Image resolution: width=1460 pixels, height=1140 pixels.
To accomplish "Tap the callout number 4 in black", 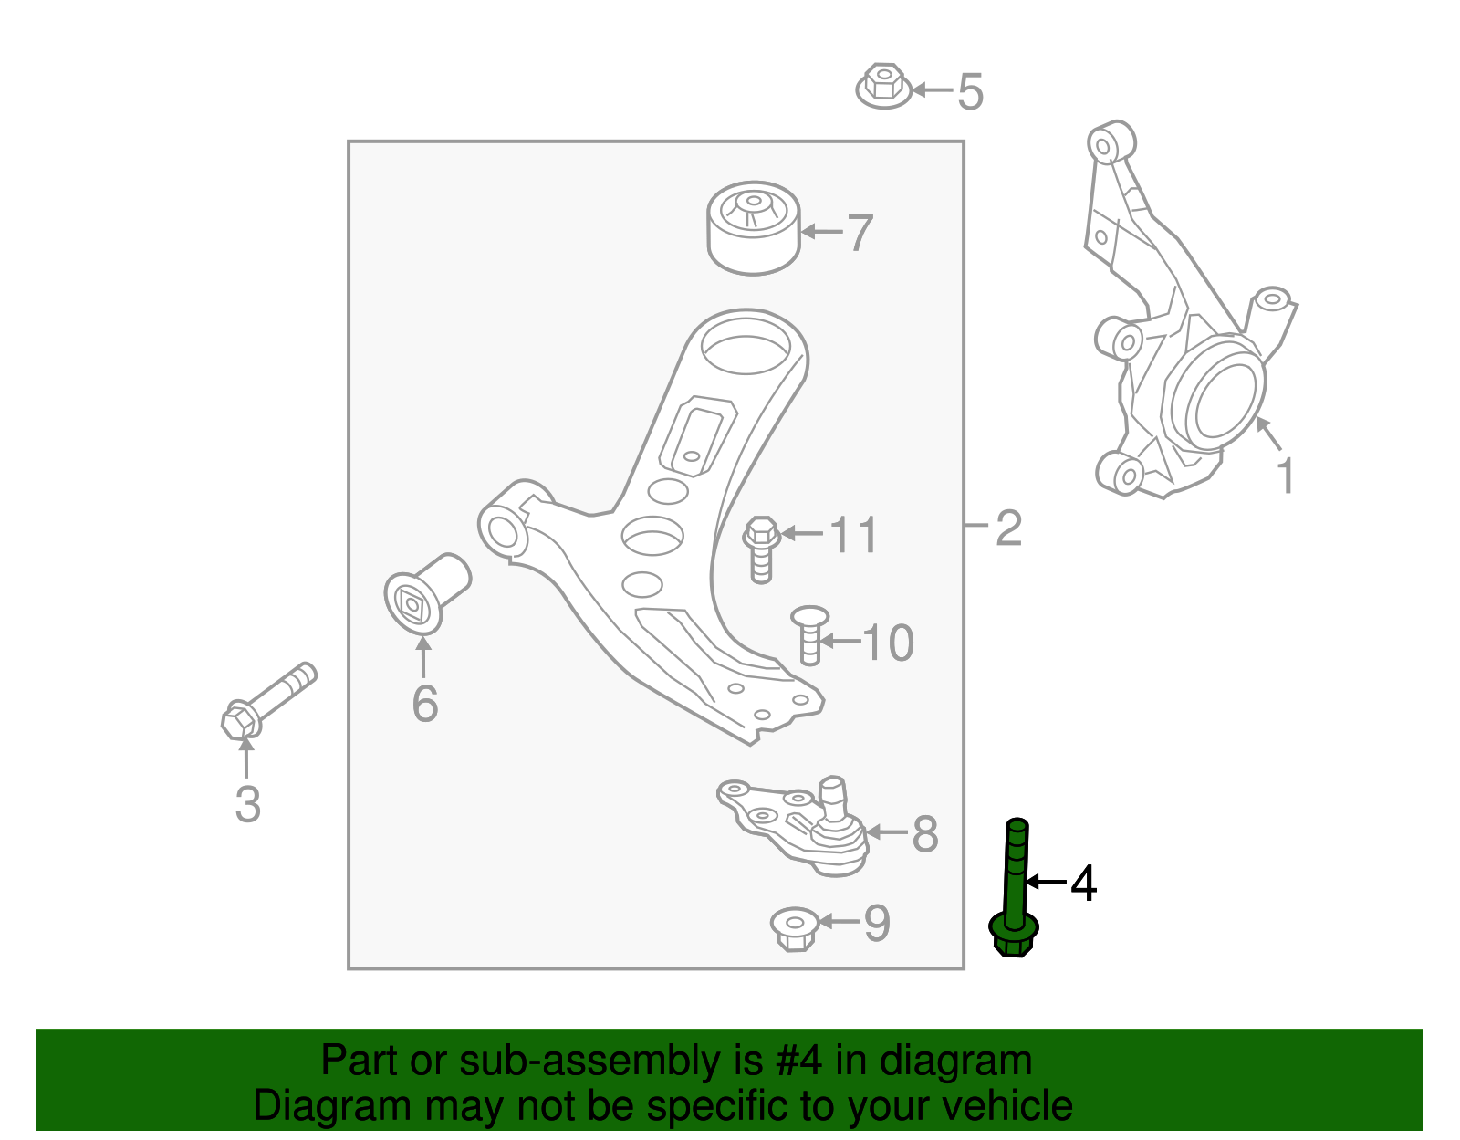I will click(1082, 884).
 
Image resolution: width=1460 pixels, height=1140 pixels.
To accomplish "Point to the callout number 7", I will click(860, 233).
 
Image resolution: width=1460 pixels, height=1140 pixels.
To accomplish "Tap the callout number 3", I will click(247, 804).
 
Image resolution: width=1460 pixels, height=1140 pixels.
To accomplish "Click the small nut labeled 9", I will click(794, 928).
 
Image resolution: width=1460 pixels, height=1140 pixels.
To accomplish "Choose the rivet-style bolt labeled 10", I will click(808, 635).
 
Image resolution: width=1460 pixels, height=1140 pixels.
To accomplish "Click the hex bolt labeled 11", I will click(761, 549).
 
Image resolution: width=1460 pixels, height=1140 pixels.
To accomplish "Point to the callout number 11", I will click(854, 535).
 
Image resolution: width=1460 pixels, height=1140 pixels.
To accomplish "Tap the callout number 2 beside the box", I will click(1007, 528).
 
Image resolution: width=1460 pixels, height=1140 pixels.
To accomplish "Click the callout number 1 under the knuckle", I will click(1285, 476).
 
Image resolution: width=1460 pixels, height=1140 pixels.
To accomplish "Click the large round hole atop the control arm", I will click(746, 348).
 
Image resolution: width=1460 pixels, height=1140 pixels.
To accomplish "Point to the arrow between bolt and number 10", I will click(841, 642).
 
